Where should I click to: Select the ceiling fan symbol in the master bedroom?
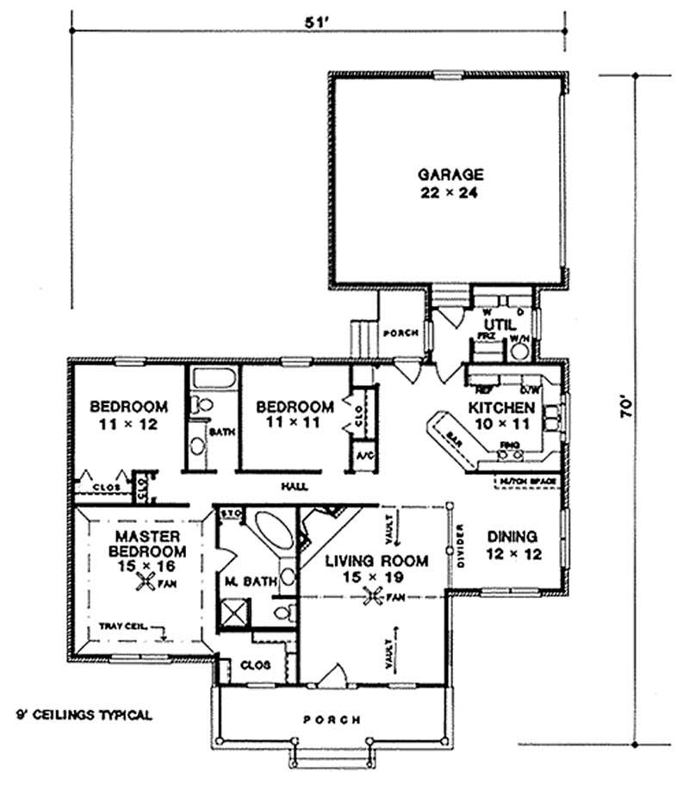click(x=144, y=583)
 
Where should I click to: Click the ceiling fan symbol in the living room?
click(x=374, y=595)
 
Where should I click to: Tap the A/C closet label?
click(x=363, y=455)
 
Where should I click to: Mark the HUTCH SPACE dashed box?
click(x=528, y=482)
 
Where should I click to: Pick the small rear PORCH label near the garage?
click(x=401, y=333)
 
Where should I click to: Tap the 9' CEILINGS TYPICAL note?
click(x=85, y=714)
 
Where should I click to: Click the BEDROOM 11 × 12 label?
click(x=128, y=414)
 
